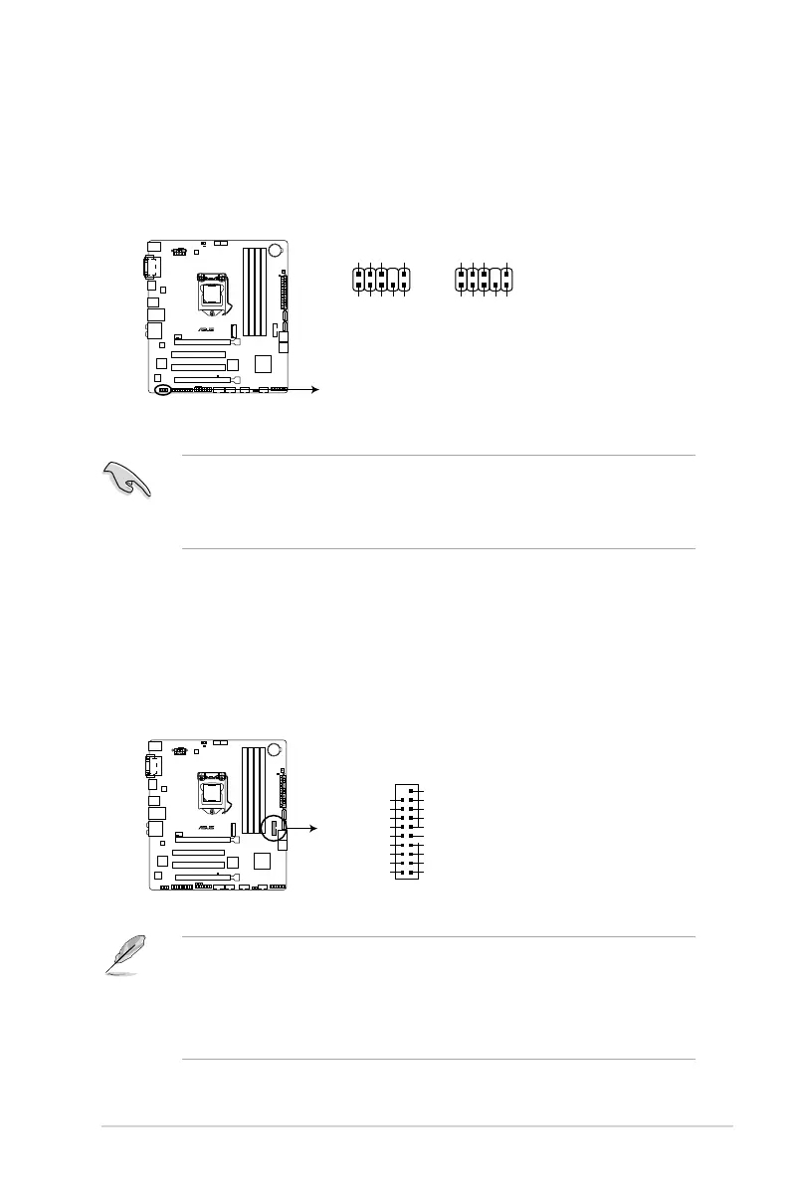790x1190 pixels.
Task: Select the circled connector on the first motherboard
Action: tap(164, 390)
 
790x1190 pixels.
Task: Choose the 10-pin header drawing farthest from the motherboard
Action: tap(483, 279)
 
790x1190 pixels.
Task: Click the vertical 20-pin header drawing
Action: tap(407, 832)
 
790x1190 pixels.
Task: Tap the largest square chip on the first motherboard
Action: tap(264, 364)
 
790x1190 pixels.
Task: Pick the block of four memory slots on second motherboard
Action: tap(257, 791)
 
